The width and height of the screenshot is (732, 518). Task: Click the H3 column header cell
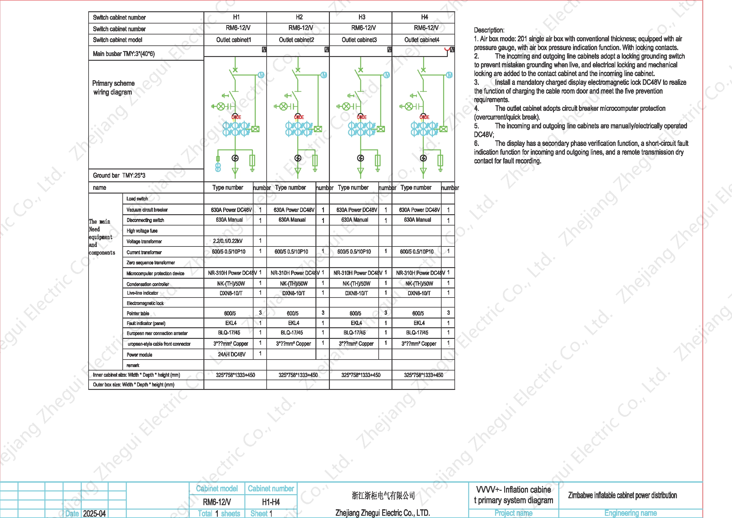pyautogui.click(x=361, y=17)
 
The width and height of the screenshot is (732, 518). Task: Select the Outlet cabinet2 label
pyautogui.click(x=296, y=40)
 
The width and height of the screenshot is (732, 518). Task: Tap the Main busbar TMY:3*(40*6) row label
pyautogui.click(x=124, y=54)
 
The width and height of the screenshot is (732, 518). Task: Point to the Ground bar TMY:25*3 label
pyautogui.click(x=119, y=175)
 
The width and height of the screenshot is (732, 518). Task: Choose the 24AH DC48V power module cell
pyautogui.click(x=232, y=355)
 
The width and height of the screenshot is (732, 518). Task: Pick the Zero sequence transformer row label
pyautogui.click(x=151, y=263)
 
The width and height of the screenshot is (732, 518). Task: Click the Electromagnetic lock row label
pyautogui.click(x=145, y=303)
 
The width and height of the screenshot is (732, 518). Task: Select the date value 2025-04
pyautogui.click(x=95, y=514)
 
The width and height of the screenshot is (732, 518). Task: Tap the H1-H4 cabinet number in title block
pyautogui.click(x=271, y=502)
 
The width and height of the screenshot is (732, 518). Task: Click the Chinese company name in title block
pyautogui.click(x=383, y=495)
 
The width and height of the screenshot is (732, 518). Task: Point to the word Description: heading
pyautogui.click(x=489, y=30)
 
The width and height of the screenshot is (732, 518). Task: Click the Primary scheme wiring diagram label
pyautogui.click(x=113, y=88)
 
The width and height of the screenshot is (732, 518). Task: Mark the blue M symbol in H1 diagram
pyautogui.click(x=261, y=75)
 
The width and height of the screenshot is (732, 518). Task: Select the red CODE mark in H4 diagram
pyautogui.click(x=424, y=117)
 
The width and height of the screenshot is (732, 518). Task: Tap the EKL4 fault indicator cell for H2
pyautogui.click(x=294, y=323)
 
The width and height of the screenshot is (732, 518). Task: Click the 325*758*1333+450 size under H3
pyautogui.click(x=361, y=375)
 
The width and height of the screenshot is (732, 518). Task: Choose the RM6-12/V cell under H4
pyautogui.click(x=426, y=28)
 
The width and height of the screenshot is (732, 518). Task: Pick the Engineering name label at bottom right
pyautogui.click(x=630, y=513)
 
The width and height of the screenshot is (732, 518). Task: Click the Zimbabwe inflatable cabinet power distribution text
pyautogui.click(x=622, y=495)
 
